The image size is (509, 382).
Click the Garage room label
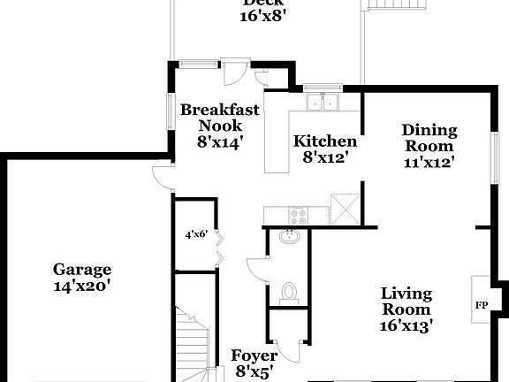point(81,270)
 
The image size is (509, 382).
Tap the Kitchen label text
point(325,141)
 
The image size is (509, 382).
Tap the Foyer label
point(254,355)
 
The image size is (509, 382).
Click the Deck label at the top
point(262,3)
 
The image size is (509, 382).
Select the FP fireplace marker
point(482,306)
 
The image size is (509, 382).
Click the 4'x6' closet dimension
point(195,235)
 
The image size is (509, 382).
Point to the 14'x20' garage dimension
point(81,286)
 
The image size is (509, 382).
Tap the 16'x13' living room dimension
point(406,325)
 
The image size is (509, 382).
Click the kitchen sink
point(323,103)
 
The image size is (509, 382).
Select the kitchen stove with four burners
point(298,214)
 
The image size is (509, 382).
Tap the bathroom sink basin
point(289,237)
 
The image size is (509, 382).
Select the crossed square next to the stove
point(344,210)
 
